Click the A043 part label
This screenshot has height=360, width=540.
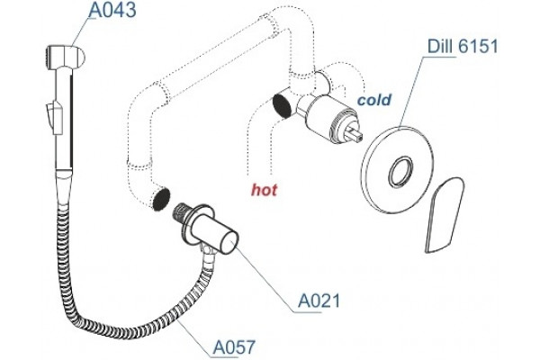[x=112, y=10]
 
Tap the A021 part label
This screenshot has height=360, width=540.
[x=319, y=301]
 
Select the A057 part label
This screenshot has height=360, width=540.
[x=234, y=346]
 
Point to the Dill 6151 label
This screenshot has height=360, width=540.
[x=463, y=46]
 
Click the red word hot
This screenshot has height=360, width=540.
[x=264, y=190]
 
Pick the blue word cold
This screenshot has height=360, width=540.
[x=374, y=100]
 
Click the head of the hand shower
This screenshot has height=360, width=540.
[x=65, y=56]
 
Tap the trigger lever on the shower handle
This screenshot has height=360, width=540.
[x=53, y=116]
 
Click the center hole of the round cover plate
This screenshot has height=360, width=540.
[x=400, y=171]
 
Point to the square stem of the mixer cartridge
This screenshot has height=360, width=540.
[x=355, y=133]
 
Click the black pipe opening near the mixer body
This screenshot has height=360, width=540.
[x=282, y=105]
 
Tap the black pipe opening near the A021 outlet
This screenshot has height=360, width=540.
[x=161, y=200]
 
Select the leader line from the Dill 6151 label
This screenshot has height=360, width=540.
[x=411, y=92]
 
